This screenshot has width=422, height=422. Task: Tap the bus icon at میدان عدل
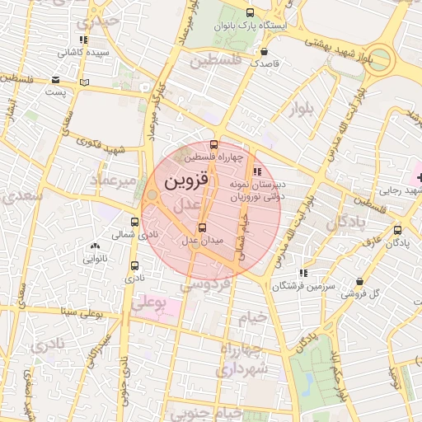pos(203,227)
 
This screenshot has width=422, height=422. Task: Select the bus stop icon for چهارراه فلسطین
pos(215,144)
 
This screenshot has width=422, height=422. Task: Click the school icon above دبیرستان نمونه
pos(257,171)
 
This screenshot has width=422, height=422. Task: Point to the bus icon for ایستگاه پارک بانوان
pos(250,12)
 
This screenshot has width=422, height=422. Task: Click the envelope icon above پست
pos(55,80)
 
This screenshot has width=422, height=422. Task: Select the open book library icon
pos(83,82)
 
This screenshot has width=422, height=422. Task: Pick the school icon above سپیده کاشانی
pos(82,39)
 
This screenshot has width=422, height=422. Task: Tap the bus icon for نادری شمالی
pos(134,222)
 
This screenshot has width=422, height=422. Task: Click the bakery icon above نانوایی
pos(95,246)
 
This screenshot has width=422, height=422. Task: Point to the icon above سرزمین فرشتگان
pos(303,272)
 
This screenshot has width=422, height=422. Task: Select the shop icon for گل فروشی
pos(359,281)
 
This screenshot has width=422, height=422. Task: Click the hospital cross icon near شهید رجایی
pos(418,177)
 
